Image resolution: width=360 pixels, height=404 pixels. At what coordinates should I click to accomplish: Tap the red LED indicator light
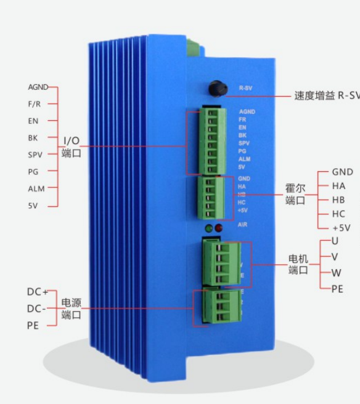[219, 228]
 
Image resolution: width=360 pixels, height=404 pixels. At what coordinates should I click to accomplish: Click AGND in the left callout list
[38, 87]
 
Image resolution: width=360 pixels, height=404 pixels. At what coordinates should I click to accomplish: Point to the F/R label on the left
[34, 104]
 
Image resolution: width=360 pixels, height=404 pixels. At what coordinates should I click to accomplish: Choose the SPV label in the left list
[35, 155]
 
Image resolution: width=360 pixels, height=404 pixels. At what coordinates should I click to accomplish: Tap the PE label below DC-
[33, 325]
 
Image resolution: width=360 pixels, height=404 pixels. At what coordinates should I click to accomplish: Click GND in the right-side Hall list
[342, 172]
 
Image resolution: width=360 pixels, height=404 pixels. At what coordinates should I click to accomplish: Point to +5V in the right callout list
[341, 227]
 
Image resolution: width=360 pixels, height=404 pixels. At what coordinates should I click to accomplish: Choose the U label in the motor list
[335, 241]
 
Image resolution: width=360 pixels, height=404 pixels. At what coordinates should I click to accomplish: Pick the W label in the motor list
[336, 273]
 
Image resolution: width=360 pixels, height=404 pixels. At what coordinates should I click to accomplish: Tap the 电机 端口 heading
[298, 264]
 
